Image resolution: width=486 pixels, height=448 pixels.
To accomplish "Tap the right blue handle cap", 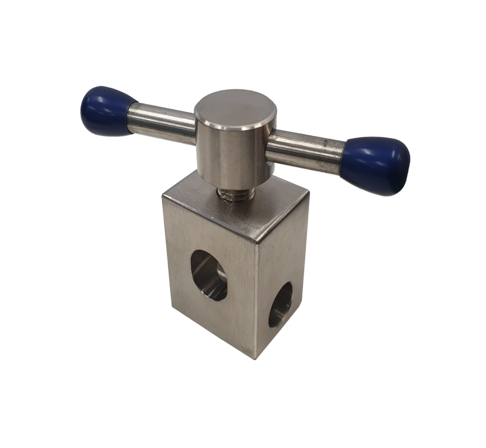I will coord(376,165).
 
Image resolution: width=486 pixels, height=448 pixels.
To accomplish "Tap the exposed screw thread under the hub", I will coord(236,194).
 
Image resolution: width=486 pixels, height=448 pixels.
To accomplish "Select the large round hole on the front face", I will coord(209,275).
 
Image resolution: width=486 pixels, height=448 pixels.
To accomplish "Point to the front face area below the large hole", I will coord(214,323).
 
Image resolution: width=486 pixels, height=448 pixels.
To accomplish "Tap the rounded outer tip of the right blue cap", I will coord(407,166).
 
